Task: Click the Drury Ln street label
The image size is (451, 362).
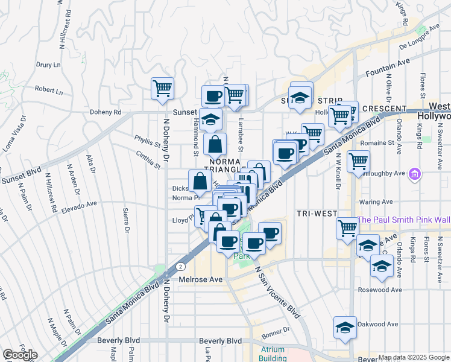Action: coord(48,65)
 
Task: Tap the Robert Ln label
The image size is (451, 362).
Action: coord(48,91)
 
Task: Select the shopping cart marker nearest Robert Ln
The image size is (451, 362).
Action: coord(162,88)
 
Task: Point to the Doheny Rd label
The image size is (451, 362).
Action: coord(106,112)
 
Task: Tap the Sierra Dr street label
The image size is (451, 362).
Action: coord(127,221)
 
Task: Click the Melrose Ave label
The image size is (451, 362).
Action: coord(201,279)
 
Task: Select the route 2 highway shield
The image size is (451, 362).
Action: coord(180,265)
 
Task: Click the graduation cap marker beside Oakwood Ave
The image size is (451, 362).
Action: coord(345,328)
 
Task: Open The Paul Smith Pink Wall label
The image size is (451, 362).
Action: coord(403,220)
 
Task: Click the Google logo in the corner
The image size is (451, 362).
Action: coord(20,355)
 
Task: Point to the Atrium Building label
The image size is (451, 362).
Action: coord(273,353)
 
